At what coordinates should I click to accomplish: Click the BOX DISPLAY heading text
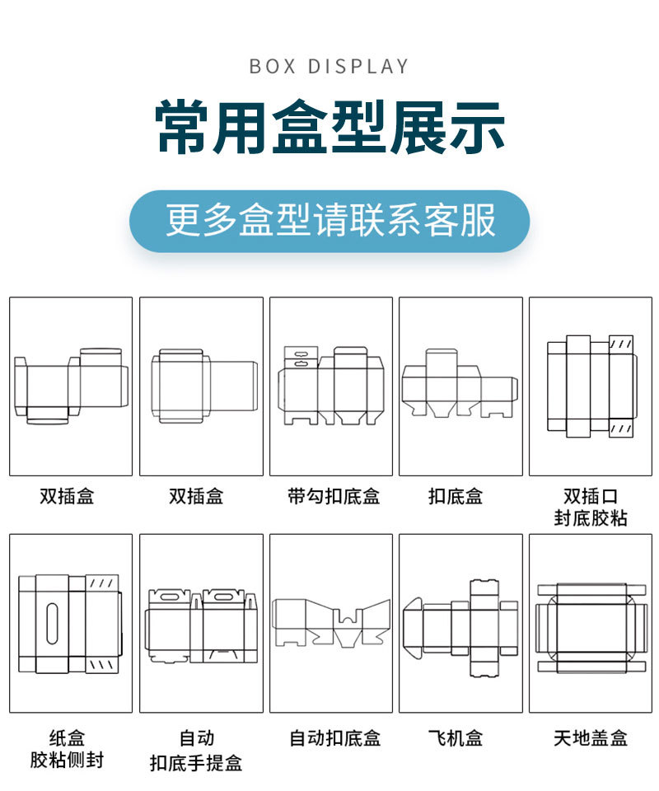329,66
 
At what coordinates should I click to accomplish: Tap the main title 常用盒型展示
329,128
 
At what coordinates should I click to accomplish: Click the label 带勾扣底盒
333,496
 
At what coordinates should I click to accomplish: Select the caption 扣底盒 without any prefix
456,496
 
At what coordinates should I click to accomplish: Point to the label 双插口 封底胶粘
590,507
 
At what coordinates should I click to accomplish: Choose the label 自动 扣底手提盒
196,748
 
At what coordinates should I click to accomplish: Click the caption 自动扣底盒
334,737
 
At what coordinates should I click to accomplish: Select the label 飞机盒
456,737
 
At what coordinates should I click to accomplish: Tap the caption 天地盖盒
590,737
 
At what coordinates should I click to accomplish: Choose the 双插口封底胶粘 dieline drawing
590,385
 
